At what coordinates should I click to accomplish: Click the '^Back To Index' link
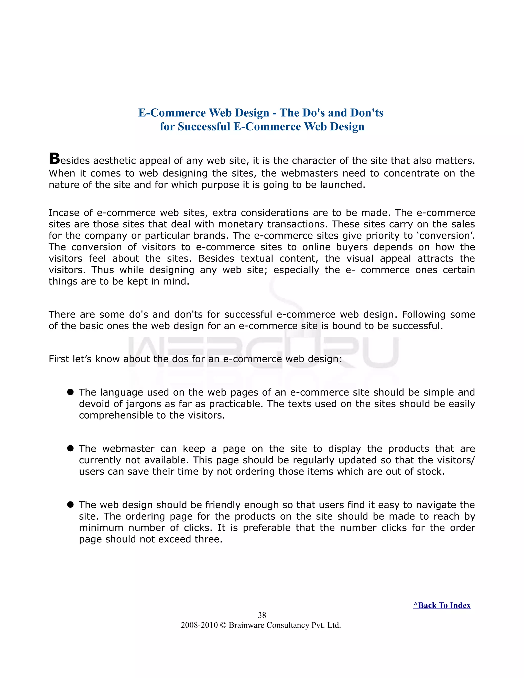[442, 605]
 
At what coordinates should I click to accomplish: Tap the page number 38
[262, 615]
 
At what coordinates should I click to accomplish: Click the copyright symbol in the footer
[223, 625]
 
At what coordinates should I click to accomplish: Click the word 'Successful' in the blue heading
[204, 127]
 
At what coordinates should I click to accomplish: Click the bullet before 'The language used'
[70, 392]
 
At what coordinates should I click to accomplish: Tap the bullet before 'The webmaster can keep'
[70, 448]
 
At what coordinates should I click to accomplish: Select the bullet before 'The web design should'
[70, 505]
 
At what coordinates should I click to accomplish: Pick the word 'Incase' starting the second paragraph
[64, 213]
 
